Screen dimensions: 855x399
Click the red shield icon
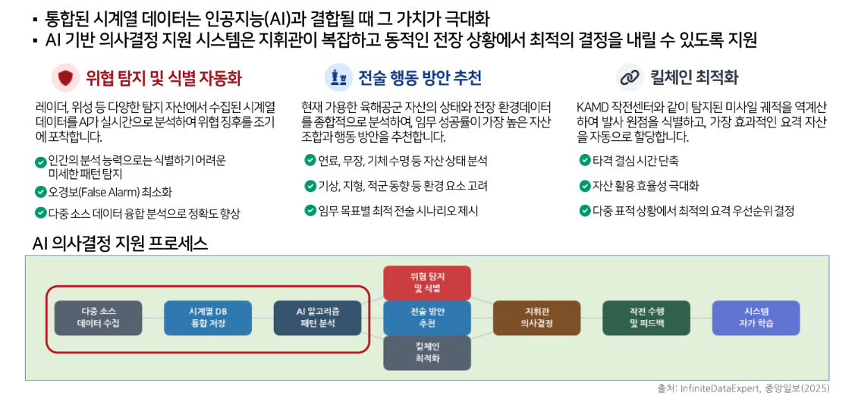65,78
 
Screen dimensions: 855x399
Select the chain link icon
630,78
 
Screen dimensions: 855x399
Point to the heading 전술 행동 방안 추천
420,78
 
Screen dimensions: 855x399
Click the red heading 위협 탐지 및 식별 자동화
163,78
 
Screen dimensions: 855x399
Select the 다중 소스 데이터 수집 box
98,318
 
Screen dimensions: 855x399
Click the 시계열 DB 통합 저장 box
208,318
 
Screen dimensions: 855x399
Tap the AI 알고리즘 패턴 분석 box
317,318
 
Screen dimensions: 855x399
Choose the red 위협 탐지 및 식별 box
427,282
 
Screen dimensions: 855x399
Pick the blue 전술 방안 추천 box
427,318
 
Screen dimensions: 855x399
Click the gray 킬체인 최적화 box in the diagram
427,353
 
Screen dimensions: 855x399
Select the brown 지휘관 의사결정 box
536,318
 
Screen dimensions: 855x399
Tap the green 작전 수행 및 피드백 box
646,318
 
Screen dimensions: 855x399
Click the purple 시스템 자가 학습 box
756,318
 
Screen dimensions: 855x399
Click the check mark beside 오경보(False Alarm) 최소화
39,192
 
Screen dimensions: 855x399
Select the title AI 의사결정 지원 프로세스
120,243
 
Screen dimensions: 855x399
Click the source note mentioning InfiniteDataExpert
743,388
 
